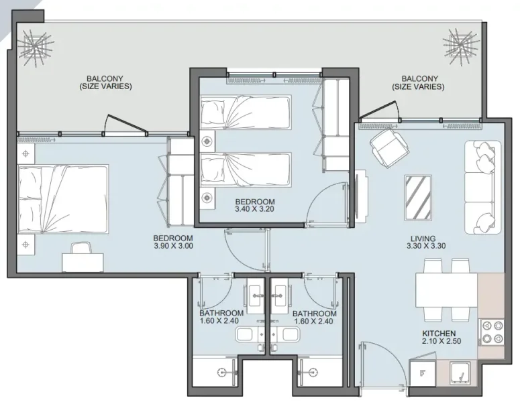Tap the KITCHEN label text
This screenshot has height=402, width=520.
point(439,334)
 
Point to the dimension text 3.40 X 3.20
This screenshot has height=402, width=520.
point(255,210)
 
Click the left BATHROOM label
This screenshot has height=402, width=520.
point(221,314)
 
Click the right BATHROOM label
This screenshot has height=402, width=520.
point(314,314)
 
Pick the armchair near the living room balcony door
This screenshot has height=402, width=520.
point(386,147)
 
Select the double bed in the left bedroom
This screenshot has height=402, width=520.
point(62,198)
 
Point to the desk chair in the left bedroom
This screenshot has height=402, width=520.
point(79,250)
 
